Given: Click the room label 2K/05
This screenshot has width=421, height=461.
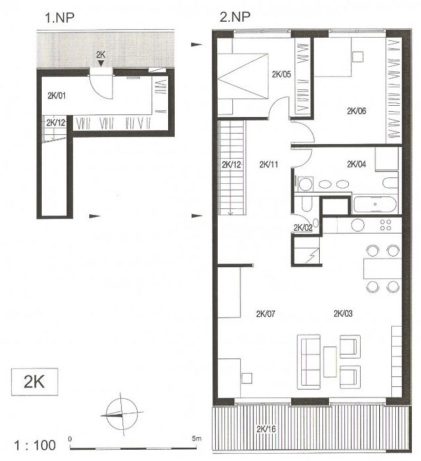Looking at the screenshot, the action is (281, 74).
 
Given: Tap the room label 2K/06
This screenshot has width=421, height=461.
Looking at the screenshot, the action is (357, 111).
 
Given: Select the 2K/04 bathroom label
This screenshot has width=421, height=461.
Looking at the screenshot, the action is (357, 164).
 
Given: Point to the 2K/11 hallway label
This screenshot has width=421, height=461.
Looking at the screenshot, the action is (269, 164).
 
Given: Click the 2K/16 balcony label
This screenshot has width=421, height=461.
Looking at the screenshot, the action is (266, 429).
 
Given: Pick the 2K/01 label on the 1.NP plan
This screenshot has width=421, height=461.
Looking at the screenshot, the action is (57, 95).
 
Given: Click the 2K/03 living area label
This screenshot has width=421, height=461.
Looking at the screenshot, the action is (343, 314).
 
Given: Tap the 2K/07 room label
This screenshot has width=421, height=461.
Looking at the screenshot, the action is (265, 314).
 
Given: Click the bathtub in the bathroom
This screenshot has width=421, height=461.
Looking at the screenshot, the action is (375, 204).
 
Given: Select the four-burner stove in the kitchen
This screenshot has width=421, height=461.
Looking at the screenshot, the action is (385, 225).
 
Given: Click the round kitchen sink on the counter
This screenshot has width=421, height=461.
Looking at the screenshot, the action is (357, 225).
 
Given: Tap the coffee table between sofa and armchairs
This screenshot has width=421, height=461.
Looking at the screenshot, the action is (330, 362).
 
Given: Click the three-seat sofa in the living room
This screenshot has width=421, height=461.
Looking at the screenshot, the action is (308, 362).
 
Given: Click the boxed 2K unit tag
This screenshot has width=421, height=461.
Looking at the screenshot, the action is (34, 382).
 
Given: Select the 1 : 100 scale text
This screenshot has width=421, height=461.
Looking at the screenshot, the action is (35, 445).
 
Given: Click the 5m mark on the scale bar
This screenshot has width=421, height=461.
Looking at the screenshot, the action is (197, 439).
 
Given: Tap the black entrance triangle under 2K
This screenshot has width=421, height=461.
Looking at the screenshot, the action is (101, 63).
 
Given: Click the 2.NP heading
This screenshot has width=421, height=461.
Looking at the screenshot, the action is (235, 17).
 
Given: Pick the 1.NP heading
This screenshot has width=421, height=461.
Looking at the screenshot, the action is (59, 18).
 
